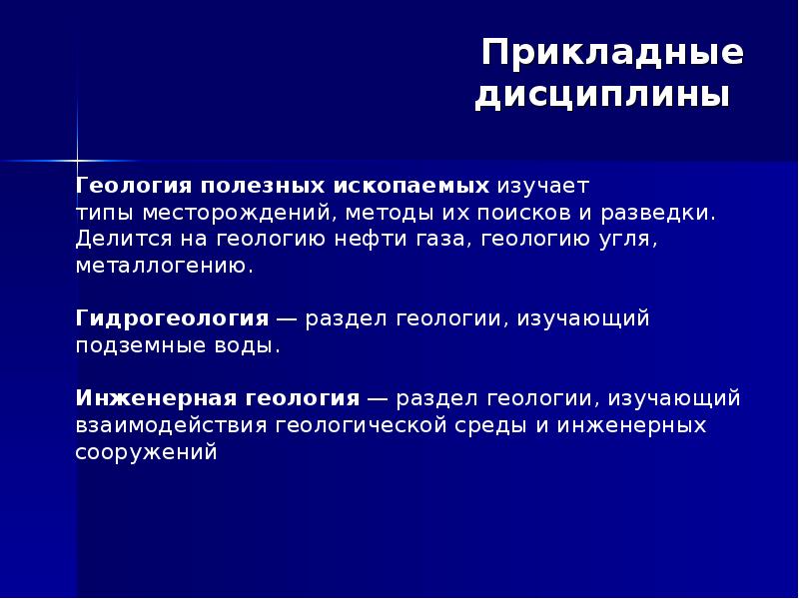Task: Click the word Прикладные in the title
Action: [x=612, y=53]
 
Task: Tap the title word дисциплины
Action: [x=602, y=97]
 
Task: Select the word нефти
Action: [x=383, y=240]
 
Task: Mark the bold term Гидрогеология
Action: [x=172, y=318]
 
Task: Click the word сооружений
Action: [x=146, y=452]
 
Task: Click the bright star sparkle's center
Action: [x=77, y=160]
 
